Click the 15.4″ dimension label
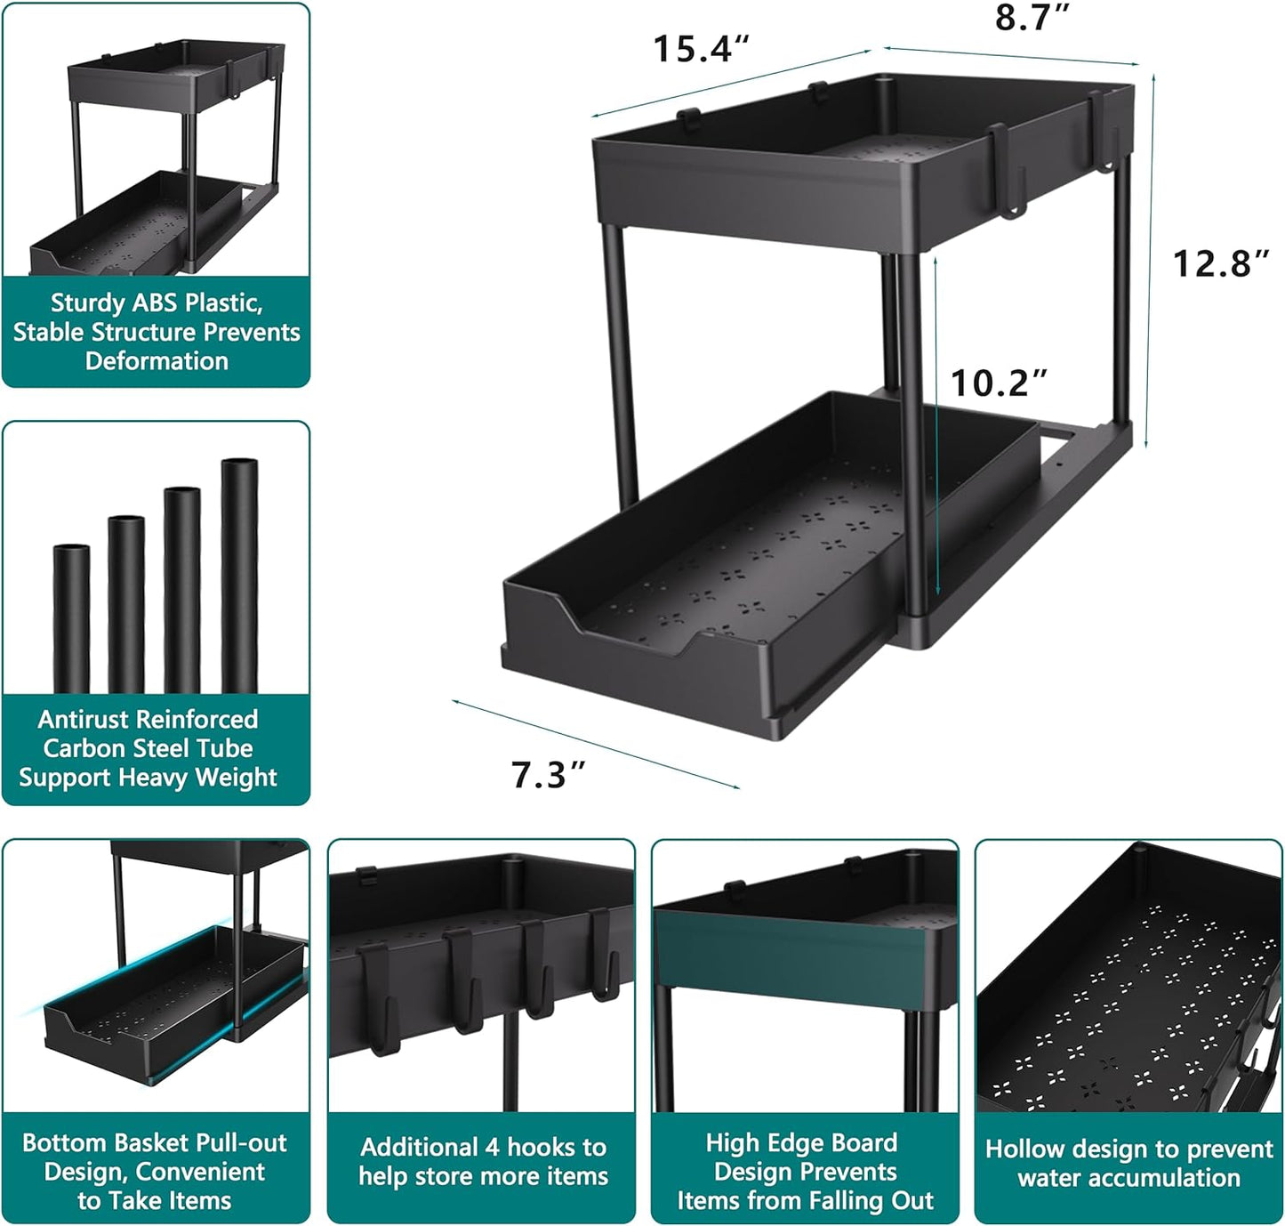tap(701, 49)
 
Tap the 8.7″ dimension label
tap(1032, 18)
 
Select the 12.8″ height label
tap(1220, 263)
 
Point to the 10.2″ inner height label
tap(999, 383)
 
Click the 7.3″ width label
tap(548, 775)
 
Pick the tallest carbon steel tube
tap(239, 574)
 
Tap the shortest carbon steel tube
tap(71, 617)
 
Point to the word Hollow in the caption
tap(1024, 1149)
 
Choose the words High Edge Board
tap(801, 1142)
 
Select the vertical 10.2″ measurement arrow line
tap(936, 427)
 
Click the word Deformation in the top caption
tap(157, 361)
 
